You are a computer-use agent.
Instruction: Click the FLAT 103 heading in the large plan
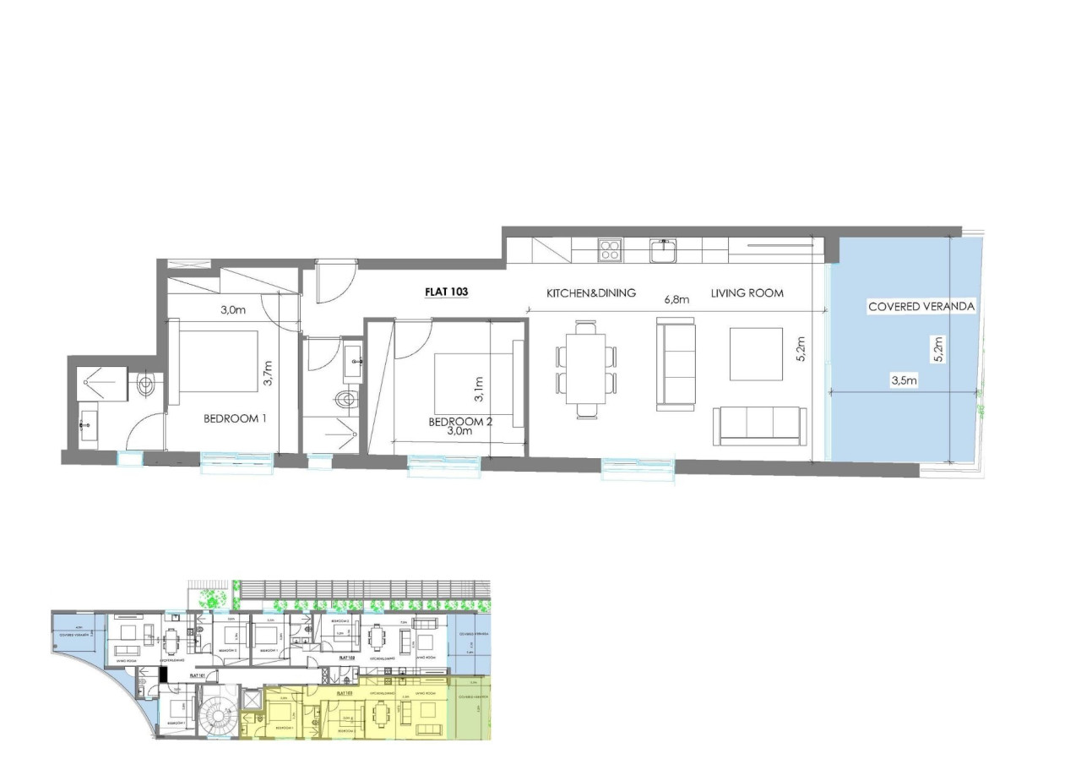coord(446,292)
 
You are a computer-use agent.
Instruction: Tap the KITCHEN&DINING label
coord(590,293)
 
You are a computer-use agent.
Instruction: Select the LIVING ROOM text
coord(747,293)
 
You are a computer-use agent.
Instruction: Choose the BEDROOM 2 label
coord(459,422)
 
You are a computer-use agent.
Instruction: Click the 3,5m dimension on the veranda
coord(904,380)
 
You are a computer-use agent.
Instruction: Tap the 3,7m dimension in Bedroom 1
coord(269,373)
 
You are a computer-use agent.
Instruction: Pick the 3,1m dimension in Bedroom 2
coord(479,389)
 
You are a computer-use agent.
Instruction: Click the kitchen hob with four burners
coord(610,249)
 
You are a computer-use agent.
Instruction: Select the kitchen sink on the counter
coord(663,250)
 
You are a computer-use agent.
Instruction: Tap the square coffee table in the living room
coord(756,353)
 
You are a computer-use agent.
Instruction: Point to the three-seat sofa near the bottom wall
coord(759,423)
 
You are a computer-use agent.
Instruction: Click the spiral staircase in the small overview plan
coord(218,718)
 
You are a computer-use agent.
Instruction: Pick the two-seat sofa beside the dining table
coord(676,363)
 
